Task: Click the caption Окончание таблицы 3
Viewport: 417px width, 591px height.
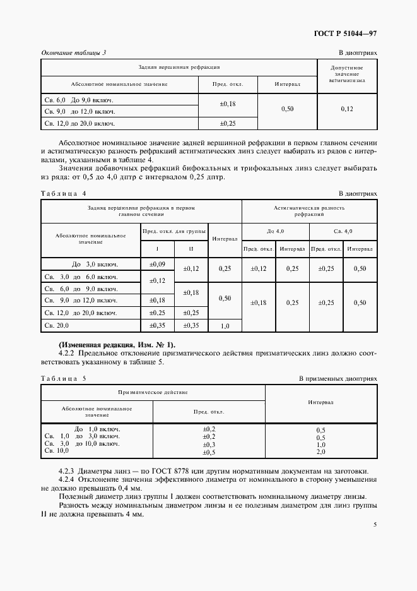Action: pyautogui.click(x=73, y=52)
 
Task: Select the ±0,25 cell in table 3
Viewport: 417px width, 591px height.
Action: pyautogui.click(x=227, y=124)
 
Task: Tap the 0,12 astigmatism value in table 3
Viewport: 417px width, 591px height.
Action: pyautogui.click(x=347, y=109)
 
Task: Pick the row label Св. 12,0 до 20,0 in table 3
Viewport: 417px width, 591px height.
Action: pyautogui.click(x=80, y=124)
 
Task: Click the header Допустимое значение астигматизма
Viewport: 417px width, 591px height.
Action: pyautogui.click(x=347, y=74)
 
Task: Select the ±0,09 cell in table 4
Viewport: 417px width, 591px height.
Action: pyautogui.click(x=156, y=264)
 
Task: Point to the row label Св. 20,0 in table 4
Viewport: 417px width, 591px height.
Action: pyautogui.click(x=57, y=325)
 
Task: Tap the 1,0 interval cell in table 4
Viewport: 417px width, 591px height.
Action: pyautogui.click(x=225, y=326)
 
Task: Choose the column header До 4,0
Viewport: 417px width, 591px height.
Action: pyautogui.click(x=276, y=230)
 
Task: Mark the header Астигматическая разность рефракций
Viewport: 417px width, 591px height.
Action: pyautogui.click(x=309, y=210)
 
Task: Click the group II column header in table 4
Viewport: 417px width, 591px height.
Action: pyautogui.click(x=191, y=248)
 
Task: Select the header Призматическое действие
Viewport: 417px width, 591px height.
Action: pyautogui.click(x=153, y=392)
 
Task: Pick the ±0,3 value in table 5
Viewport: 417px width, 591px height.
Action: pyautogui.click(x=209, y=444)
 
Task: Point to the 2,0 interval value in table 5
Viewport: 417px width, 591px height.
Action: pyautogui.click(x=320, y=452)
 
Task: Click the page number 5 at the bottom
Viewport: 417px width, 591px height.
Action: pyautogui.click(x=375, y=524)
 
